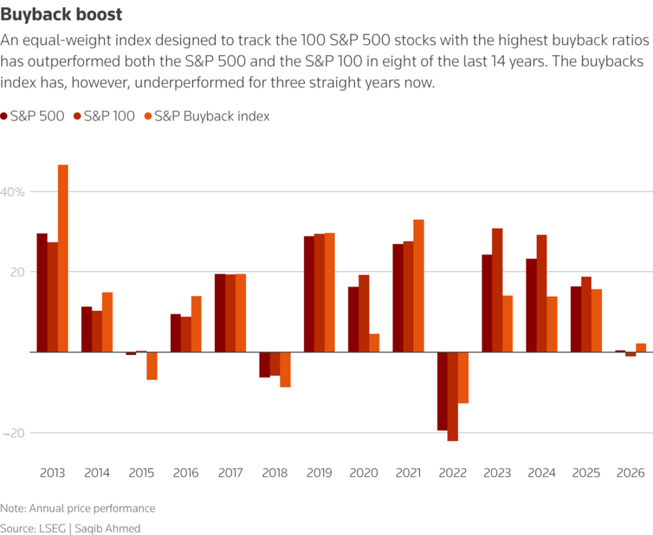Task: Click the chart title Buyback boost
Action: tap(62, 13)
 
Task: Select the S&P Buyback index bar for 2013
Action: tap(62, 258)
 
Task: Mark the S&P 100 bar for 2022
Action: tap(453, 396)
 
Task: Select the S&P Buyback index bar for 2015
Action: tap(152, 366)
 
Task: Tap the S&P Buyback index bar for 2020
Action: tap(374, 343)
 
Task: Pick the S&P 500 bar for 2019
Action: tap(309, 294)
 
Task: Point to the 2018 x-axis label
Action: tap(275, 473)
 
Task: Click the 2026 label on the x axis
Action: tap(631, 473)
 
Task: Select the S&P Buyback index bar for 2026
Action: tap(641, 348)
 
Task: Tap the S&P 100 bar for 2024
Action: tap(541, 293)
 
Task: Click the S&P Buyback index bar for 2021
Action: tap(419, 285)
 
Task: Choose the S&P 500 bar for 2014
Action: tap(86, 329)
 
